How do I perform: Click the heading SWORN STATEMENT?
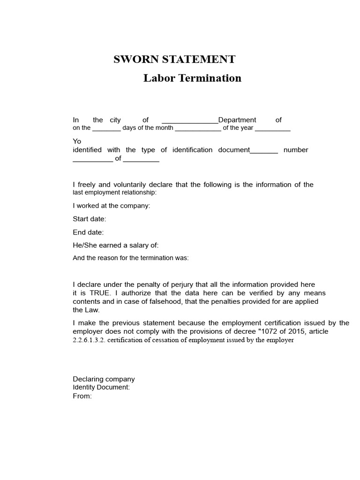click(174, 60)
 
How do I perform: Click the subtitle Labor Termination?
click(192, 78)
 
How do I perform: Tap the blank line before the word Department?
click(190, 121)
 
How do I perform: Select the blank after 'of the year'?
click(273, 129)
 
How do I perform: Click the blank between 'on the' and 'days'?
click(106, 129)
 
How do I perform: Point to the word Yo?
click(77, 141)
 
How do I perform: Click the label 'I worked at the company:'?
click(112, 206)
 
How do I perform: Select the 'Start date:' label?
click(90, 219)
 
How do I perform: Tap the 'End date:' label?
click(88, 232)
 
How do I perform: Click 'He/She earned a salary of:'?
click(116, 245)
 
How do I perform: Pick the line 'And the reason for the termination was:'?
click(131, 258)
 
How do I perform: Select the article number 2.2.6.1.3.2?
click(89, 340)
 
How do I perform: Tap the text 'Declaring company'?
click(104, 379)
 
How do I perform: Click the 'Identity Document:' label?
click(101, 388)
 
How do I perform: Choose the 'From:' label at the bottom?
click(82, 396)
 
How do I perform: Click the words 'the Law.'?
click(86, 310)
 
